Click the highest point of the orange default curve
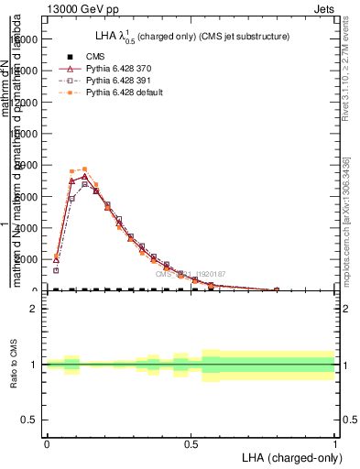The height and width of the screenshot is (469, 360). (x=84, y=169)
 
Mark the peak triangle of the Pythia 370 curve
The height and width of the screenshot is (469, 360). (x=84, y=176)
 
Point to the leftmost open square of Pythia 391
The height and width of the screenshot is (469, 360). (x=56, y=270)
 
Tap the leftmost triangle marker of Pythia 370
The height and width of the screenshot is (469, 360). (x=56, y=259)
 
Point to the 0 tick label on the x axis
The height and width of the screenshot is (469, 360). (x=47, y=443)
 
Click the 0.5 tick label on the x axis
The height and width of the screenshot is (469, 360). (x=191, y=443)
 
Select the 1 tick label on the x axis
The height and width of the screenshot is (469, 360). (x=334, y=443)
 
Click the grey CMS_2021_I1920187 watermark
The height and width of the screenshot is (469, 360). (x=190, y=274)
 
